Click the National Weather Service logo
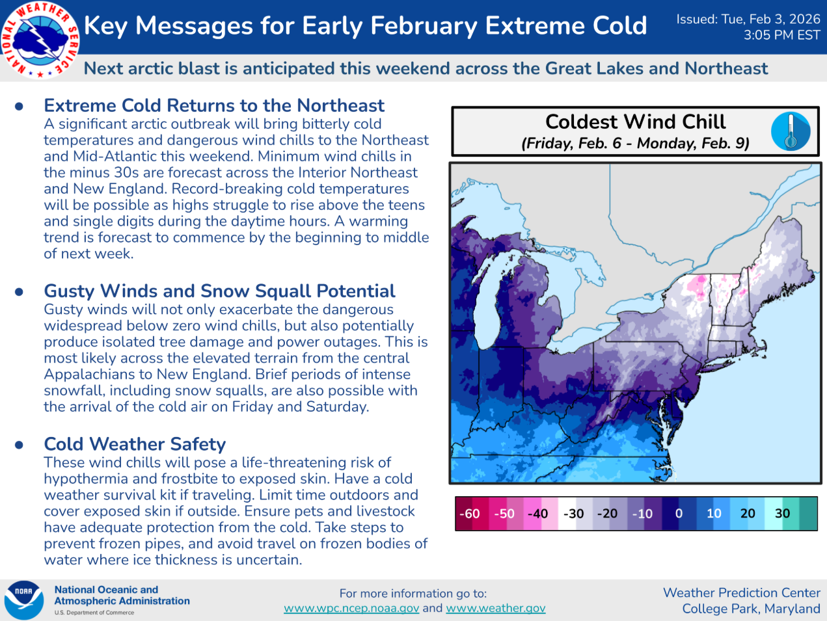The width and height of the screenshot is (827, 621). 40,40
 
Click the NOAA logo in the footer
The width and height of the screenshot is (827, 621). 23,600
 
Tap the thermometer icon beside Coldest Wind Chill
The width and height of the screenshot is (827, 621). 791,131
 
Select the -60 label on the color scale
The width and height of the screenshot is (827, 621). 469,514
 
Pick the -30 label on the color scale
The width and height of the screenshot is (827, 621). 573,514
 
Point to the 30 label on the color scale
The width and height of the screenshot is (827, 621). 782,513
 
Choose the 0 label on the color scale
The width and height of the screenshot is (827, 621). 679,513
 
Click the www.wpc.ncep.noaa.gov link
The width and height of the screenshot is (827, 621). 351,608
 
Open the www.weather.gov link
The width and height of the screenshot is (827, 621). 495,608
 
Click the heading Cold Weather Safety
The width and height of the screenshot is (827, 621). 135,444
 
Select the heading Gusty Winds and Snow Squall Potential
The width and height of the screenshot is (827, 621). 219,291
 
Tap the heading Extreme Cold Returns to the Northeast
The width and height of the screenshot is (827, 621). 214,105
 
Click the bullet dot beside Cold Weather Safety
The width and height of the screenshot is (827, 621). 19,445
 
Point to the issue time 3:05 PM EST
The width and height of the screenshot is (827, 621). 781,35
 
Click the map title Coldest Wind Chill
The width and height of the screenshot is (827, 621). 635,122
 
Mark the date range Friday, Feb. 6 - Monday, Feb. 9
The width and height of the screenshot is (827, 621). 635,143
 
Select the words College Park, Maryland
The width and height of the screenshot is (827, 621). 751,609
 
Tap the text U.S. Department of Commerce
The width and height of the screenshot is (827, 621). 94,613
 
